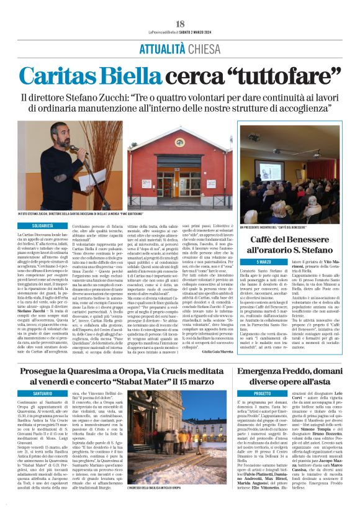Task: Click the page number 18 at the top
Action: pyautogui.click(x=180, y=24)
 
